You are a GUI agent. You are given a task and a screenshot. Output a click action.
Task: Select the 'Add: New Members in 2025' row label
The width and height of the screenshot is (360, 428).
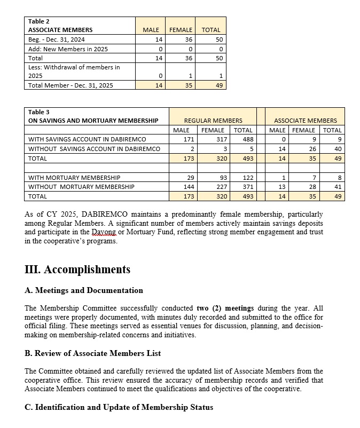(68, 49)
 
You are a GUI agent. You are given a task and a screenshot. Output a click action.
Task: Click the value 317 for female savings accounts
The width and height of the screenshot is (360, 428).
(218, 139)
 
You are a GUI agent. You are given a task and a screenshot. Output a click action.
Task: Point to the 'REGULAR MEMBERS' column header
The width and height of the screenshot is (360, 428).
(213, 121)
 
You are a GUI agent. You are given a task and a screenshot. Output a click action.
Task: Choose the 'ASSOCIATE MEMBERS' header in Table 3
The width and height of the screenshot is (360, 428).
(306, 121)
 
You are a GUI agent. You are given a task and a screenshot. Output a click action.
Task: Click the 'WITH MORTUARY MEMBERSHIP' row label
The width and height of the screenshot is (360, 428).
(74, 177)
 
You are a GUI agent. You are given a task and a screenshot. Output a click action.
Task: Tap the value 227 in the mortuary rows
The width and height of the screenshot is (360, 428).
(218, 187)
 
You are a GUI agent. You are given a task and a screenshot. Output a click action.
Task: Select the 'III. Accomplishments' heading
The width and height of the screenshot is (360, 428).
(77, 270)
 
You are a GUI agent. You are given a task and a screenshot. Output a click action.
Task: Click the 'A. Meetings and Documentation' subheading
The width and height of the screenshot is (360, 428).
(84, 291)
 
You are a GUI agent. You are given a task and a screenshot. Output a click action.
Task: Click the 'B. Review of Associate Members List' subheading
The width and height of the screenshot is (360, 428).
(92, 353)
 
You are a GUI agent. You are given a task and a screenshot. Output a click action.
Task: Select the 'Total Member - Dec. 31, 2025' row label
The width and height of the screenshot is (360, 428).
(71, 85)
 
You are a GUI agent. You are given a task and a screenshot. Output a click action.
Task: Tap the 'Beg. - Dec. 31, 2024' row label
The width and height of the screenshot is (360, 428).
(57, 39)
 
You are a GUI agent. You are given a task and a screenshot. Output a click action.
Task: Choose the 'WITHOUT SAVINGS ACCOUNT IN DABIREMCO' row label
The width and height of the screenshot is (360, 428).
(94, 149)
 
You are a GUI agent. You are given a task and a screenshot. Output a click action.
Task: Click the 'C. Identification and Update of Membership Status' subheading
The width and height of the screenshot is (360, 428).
(119, 407)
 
